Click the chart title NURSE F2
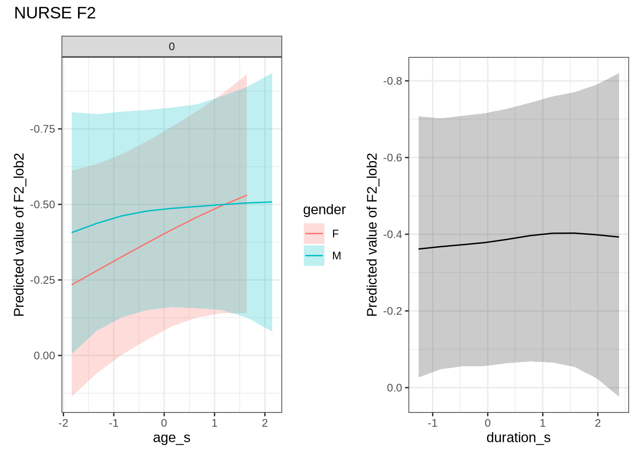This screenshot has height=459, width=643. coord(55,13)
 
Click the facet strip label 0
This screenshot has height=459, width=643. coord(172,47)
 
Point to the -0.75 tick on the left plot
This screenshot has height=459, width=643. coord(43,129)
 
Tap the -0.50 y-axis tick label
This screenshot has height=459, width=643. coord(43,205)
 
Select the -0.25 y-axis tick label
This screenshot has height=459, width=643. coord(43,280)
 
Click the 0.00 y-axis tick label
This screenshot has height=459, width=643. coord(44,356)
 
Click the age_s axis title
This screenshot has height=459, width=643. coord(172,437)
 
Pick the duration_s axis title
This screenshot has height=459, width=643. coord(518,437)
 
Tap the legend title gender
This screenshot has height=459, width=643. coord(324,210)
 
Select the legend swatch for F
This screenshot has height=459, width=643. coord(314,234)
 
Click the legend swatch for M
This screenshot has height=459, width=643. coord(314,256)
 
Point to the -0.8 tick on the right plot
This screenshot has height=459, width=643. coord(393,81)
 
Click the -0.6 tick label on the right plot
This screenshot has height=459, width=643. coord(393,158)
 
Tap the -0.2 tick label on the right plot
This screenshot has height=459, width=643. coord(393,311)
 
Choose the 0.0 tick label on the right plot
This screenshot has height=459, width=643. coord(395,388)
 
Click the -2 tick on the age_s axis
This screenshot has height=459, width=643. coord(63,423)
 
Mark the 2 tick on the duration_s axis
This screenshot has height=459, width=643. coord(598,423)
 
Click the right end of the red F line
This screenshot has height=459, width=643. coord(247,195)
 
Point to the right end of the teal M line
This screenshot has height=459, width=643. coord(272,202)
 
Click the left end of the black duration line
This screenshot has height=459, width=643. coord(419,249)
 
